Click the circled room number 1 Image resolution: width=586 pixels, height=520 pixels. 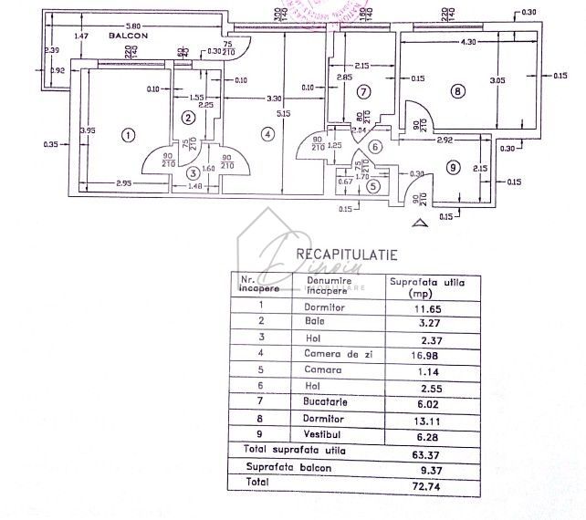pos(128,135)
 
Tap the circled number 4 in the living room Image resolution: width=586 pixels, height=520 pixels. pos(267,134)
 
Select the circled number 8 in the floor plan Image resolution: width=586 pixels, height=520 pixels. pos(456,90)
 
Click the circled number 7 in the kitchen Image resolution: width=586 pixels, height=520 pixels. pos(362,92)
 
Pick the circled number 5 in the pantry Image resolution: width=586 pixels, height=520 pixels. pos(372,186)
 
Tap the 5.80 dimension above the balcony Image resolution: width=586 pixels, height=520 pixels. pos(133,26)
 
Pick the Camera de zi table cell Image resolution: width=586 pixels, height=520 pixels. pos(330,354)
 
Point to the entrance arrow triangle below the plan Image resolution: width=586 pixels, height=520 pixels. pos(418,221)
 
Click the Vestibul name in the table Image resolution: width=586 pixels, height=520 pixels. pos(323,433)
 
